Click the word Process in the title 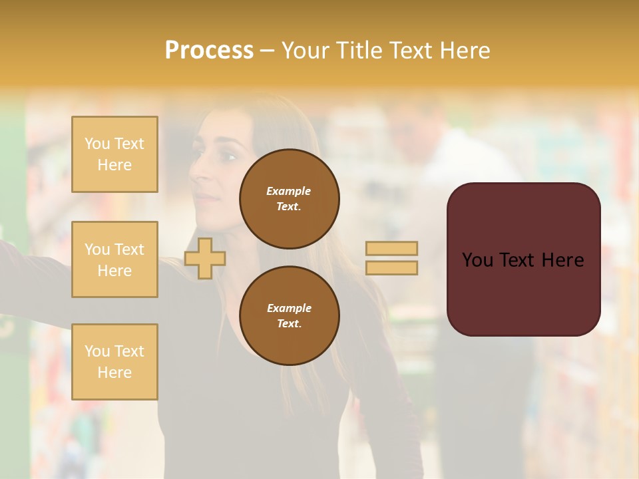209,51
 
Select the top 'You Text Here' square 114,154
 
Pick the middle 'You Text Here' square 114,259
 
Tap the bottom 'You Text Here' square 114,361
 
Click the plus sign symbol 204,258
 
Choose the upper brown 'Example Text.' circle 289,198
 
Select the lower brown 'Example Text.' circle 289,315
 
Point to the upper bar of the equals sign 391,248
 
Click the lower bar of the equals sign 391,267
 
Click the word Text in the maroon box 523,260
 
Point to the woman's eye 228,157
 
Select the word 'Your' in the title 305,51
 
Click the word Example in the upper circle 289,191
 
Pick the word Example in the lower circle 289,308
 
